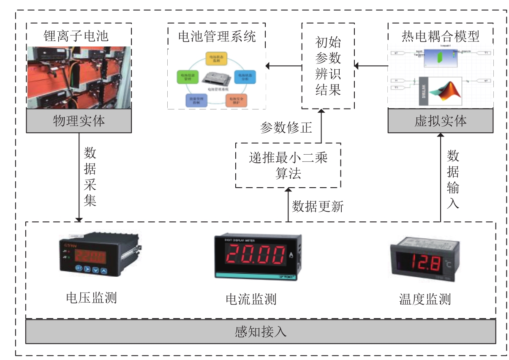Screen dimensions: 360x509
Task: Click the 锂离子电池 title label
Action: pyautogui.click(x=79, y=35)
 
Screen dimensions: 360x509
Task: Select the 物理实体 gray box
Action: pyautogui.click(x=79, y=121)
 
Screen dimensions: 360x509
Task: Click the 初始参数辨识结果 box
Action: pyautogui.click(x=328, y=66)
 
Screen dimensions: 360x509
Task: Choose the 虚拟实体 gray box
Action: pyautogui.click(x=440, y=121)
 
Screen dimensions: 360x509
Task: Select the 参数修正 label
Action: pyautogui.click(x=286, y=128)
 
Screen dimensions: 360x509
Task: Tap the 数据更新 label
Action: pyautogui.click(x=318, y=206)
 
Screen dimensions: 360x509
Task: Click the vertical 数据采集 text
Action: pyautogui.click(x=90, y=176)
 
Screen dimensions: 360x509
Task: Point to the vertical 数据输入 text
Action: pyautogui.click(x=453, y=179)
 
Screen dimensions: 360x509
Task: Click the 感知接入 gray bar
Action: pyautogui.click(x=261, y=331)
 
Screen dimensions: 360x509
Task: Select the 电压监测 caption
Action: pyautogui.click(x=91, y=298)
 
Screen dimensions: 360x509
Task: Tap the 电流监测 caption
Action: pyautogui.click(x=251, y=299)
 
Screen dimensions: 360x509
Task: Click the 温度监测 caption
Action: pyautogui.click(x=425, y=299)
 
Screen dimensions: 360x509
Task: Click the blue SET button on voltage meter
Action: pyautogui.click(x=79, y=269)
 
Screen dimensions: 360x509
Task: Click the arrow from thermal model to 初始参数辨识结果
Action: pyautogui.click(x=371, y=65)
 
